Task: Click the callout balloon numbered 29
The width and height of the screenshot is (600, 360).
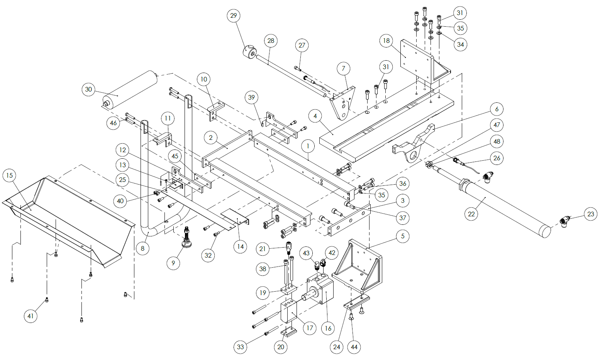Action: [233, 16]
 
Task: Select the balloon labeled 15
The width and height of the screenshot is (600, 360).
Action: [10, 175]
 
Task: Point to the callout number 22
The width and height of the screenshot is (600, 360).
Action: [471, 214]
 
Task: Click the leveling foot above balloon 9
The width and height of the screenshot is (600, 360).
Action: [187, 241]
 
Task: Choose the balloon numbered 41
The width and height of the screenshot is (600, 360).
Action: [31, 316]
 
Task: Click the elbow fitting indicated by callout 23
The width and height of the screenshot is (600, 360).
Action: [564, 221]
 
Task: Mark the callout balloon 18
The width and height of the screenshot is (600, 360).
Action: [386, 41]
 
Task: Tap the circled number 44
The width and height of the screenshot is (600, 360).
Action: [354, 347]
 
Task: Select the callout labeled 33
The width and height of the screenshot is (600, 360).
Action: [241, 347]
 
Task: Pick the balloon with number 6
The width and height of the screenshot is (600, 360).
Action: [497, 109]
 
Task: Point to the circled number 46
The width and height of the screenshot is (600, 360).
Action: [113, 123]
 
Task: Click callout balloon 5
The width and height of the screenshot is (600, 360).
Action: [403, 236]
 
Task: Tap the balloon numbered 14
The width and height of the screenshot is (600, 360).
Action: [241, 246]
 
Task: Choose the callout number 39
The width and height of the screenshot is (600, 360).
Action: [252, 97]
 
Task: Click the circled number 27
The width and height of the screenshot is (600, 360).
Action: [302, 46]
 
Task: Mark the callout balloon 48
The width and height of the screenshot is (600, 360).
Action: [497, 141]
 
